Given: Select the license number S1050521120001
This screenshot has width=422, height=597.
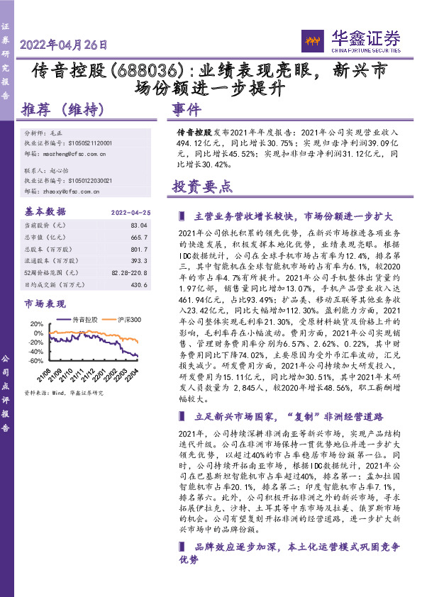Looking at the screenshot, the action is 84,143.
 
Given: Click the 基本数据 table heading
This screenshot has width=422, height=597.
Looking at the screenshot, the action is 44,211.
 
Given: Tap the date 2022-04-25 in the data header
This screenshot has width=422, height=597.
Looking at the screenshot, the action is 131,212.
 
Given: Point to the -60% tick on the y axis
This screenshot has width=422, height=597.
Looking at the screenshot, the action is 35,360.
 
